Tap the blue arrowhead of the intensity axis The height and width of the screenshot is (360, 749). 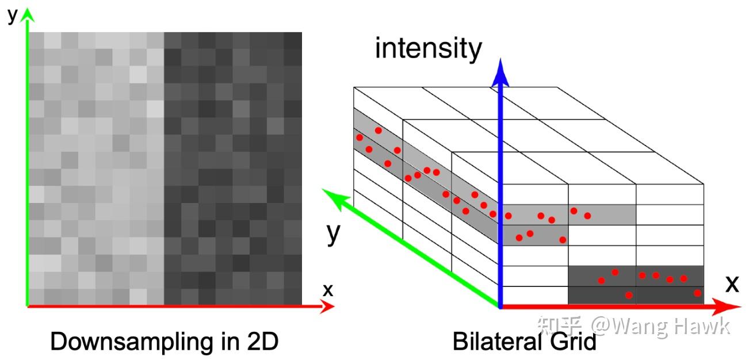click(x=502, y=72)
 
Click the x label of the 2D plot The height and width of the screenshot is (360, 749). click(x=327, y=290)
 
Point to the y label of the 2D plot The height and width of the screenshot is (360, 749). click(x=12, y=15)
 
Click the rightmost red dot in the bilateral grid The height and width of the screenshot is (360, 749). click(x=698, y=293)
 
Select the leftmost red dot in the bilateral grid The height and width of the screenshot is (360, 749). click(x=360, y=137)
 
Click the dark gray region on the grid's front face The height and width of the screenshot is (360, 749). click(x=635, y=285)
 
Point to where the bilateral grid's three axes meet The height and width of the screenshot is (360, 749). click(x=501, y=307)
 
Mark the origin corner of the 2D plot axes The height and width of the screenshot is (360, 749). click(x=28, y=306)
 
